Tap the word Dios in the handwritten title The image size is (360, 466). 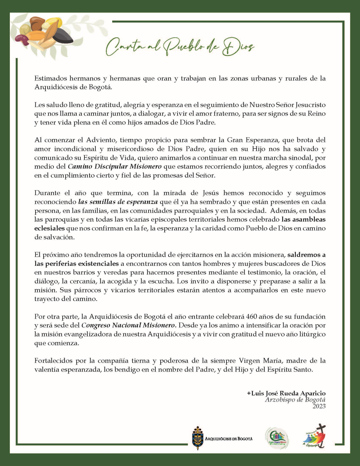(x=238, y=47)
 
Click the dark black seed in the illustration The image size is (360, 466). (x=62, y=36)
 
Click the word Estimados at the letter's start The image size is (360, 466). (x=50, y=78)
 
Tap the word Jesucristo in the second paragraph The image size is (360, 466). (x=309, y=105)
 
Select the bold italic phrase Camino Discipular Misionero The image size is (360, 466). (x=115, y=167)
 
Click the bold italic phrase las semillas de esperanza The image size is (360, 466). (x=118, y=202)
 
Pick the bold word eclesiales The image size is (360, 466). (x=50, y=228)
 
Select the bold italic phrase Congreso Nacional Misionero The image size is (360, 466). (x=128, y=325)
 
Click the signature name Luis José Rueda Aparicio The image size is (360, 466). (x=286, y=393)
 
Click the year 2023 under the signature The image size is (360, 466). (x=319, y=406)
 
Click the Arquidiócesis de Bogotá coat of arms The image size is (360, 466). (x=198, y=438)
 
